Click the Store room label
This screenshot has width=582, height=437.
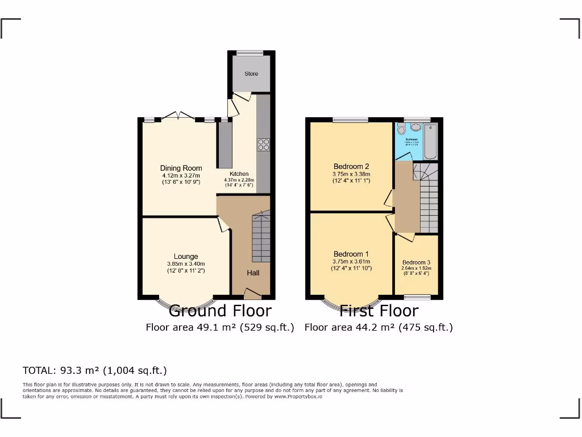(x=251, y=73)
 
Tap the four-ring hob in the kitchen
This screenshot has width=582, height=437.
(x=264, y=145)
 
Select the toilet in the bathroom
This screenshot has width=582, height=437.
(x=402, y=130)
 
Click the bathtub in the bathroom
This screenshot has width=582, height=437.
(x=430, y=142)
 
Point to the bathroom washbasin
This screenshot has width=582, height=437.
(x=415, y=127)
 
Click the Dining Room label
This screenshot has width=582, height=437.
(x=181, y=168)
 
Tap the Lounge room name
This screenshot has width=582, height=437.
(x=186, y=257)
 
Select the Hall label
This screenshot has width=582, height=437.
(x=253, y=273)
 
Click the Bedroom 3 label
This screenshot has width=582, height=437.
(x=417, y=262)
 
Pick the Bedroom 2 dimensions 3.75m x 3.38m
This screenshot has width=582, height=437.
(x=351, y=174)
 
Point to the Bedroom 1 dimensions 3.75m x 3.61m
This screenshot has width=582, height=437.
(x=351, y=261)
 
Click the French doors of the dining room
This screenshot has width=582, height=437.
(x=178, y=117)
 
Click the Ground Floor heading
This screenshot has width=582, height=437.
(x=220, y=311)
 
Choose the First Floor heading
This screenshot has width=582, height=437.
(x=379, y=311)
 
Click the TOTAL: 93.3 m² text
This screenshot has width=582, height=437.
(x=94, y=370)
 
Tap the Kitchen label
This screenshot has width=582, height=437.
(x=239, y=174)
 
